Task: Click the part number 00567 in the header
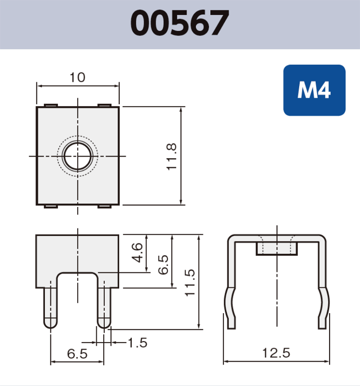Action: coord(180,23)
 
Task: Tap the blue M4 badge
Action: coord(314,90)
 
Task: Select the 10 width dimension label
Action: coord(78,77)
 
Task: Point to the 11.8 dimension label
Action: coord(172,156)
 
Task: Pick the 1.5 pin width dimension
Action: coord(137,343)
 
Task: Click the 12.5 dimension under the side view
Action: coord(276,353)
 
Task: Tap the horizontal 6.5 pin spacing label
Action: coord(77,354)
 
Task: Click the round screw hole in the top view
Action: coord(77,155)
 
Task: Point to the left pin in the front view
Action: coord(51,306)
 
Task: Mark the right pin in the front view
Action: coord(104,306)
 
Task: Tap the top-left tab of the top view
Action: coord(51,105)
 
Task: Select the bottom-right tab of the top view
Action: coord(104,207)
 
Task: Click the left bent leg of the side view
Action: coord(231,306)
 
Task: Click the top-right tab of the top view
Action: coord(104,105)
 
